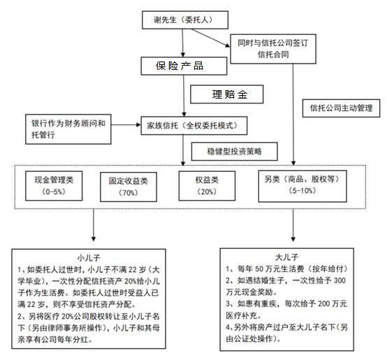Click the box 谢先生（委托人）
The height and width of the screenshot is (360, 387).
[185, 20]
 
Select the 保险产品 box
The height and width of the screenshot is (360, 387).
[184, 66]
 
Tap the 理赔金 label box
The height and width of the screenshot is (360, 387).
[226, 94]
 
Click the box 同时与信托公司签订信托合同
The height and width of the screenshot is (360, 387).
[273, 49]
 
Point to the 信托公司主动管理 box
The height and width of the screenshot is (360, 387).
[341, 108]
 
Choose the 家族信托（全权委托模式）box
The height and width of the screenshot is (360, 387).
[194, 126]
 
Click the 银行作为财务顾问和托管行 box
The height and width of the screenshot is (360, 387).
[68, 129]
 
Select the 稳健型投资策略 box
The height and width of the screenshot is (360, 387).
[235, 152]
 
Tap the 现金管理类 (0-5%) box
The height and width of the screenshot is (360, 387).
[54, 186]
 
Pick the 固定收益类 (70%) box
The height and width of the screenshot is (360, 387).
[129, 187]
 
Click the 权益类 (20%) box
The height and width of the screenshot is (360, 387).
[207, 186]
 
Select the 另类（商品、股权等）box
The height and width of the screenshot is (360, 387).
[302, 186]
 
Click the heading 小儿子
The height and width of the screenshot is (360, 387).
[89, 258]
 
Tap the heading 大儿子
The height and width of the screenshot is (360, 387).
[286, 257]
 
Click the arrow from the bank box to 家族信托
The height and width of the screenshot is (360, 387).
[126, 125]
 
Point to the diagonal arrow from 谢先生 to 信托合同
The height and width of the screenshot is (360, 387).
[211, 38]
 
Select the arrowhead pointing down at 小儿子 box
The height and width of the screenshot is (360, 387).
[94, 239]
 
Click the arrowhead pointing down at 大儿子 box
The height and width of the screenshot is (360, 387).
[293, 239]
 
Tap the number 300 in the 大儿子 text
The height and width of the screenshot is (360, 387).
[339, 280]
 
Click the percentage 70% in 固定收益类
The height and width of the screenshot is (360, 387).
[129, 193]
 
